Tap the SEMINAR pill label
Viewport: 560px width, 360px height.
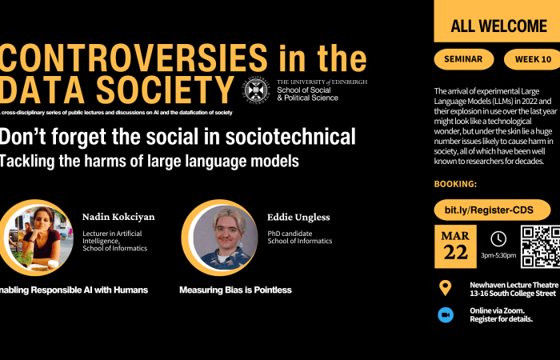[x=464, y=59]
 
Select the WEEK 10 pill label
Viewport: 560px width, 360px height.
[x=532, y=59]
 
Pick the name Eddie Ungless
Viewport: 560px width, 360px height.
[x=298, y=217]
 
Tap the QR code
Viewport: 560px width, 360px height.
[x=541, y=246]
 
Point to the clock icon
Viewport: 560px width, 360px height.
[x=498, y=238]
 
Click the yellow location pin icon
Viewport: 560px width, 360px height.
[x=445, y=288]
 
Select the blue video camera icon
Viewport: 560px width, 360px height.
[x=445, y=314]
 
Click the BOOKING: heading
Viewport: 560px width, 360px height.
[x=455, y=184]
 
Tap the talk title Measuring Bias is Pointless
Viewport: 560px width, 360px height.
[x=235, y=290]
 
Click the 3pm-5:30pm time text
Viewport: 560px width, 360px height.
[x=498, y=255]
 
